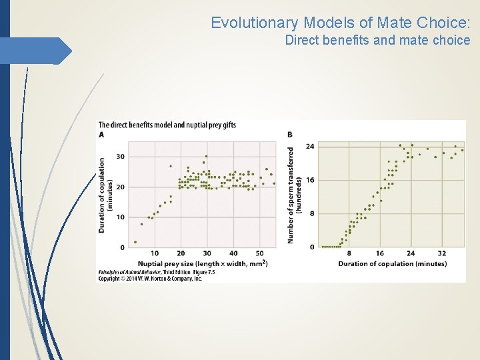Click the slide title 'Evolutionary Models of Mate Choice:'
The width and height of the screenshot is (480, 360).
[341, 23]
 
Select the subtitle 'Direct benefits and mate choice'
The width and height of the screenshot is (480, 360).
[377, 41]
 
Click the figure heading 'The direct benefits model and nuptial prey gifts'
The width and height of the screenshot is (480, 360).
[167, 125]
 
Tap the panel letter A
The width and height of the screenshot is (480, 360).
[101, 135]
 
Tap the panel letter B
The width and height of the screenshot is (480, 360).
[289, 135]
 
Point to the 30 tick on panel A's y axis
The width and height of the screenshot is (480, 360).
[120, 157]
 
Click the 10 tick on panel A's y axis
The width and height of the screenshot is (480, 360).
[120, 217]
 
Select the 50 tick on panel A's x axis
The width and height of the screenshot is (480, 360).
[259, 253]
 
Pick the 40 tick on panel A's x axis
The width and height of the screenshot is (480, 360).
[233, 253]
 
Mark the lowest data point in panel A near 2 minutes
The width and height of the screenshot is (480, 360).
[135, 242]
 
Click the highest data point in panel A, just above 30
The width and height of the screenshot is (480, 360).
[207, 157]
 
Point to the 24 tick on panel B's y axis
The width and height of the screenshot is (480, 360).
[310, 146]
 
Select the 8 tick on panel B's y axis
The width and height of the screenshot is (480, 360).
[312, 213]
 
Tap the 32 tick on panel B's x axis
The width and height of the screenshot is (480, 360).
[442, 253]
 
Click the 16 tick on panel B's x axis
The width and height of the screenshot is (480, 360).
[380, 253]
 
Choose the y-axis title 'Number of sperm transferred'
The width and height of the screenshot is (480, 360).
[291, 195]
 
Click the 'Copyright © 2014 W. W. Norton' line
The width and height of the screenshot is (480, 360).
[150, 279]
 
